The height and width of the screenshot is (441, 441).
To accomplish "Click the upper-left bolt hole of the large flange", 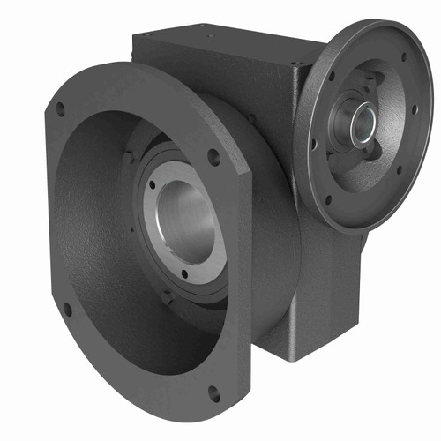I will pos(60,108).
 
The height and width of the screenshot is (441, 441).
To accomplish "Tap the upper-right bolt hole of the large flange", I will pos(213,158).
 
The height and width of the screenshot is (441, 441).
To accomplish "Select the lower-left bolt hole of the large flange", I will pos(68,310).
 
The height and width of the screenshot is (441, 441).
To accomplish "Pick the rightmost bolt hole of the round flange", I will pos(415,110).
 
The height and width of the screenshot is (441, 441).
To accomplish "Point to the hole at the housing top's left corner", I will pos(146,35).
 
